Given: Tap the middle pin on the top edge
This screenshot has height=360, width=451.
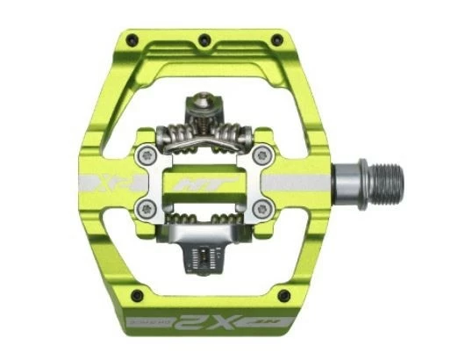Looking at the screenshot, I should [204, 40].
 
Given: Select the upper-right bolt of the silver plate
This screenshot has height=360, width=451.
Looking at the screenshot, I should [260, 155].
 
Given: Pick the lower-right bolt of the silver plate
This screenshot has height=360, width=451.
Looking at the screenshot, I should [260, 208].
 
